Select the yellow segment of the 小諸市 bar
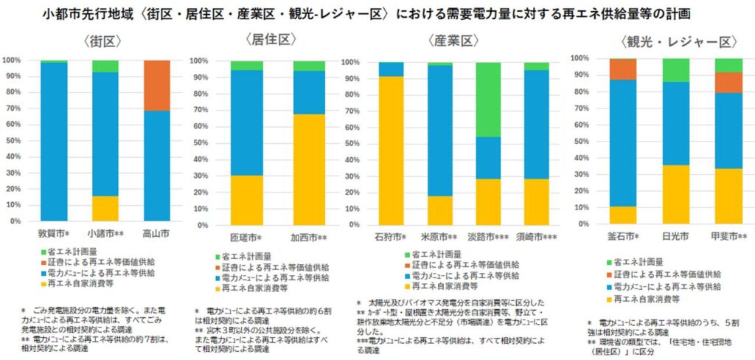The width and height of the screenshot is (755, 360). (x=105, y=208)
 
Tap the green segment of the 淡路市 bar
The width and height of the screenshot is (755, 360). (x=487, y=100)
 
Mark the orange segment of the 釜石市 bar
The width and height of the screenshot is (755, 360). (x=622, y=69)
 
